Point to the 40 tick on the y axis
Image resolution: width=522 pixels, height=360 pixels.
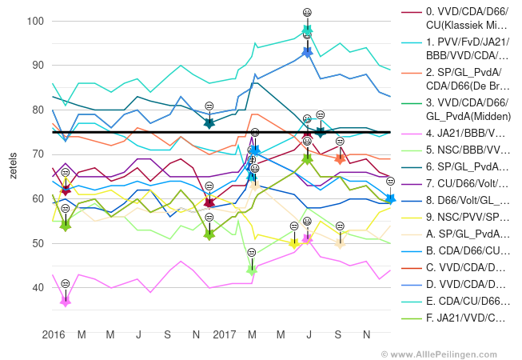click(x=35, y=287)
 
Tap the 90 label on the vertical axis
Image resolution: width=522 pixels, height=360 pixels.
click(x=35, y=65)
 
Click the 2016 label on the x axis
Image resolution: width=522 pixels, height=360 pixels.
click(x=54, y=333)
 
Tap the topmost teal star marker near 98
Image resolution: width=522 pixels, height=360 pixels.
click(x=307, y=30)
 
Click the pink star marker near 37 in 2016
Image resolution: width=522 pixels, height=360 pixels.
click(x=66, y=301)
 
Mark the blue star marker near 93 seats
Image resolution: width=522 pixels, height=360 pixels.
click(x=307, y=52)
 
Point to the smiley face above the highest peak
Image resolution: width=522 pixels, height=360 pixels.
click(x=307, y=12)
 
